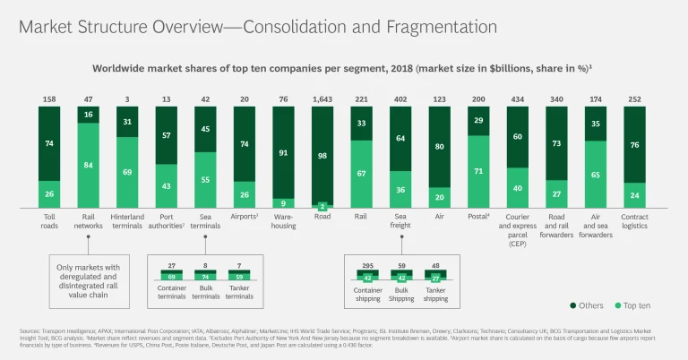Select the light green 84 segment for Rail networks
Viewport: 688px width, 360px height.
pos(89,164)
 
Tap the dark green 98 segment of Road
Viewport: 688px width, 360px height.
pos(323,154)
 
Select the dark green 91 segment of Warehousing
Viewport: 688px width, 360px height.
pos(284,152)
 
